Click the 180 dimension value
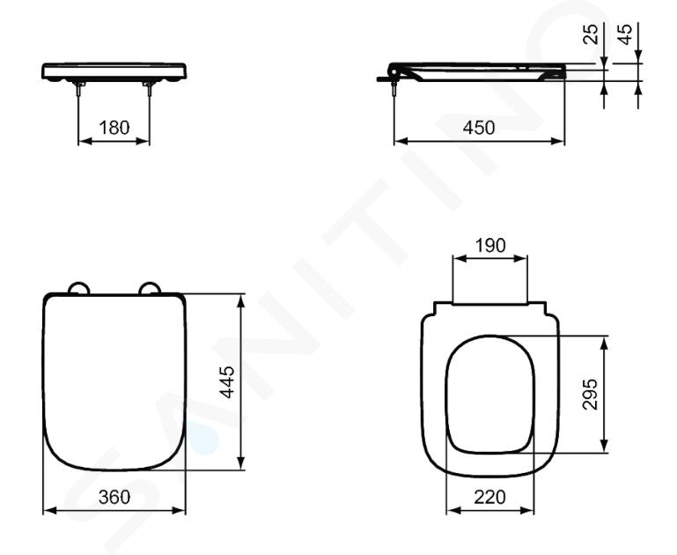[x=114, y=128]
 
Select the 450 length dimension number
[x=479, y=128]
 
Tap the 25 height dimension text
[x=591, y=34]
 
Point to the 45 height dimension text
[x=625, y=34]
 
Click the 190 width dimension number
[x=490, y=245]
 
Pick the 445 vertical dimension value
[x=227, y=381]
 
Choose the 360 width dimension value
[x=114, y=497]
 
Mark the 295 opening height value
[x=590, y=394]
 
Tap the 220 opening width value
[x=490, y=498]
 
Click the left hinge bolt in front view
[x=79, y=88]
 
